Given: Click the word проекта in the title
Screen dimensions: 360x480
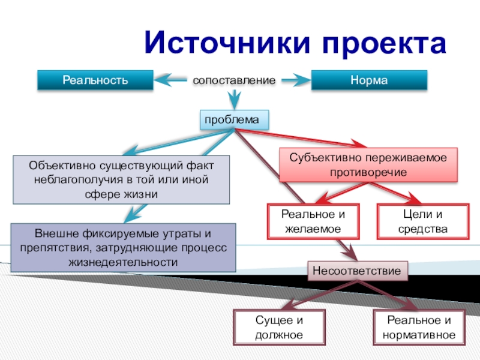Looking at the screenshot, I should coord(377,43).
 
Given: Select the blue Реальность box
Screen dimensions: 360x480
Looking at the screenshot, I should coord(95,80).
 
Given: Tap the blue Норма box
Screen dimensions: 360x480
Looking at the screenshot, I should coord(369,80).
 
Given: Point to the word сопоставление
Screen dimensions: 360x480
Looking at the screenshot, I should coord(233,80).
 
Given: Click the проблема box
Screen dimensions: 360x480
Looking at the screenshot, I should coord(232,120).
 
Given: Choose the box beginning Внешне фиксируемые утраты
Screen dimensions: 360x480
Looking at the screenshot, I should coord(123,247).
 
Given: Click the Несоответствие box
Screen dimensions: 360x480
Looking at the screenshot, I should coord(356,271).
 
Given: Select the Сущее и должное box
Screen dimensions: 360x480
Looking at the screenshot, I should coord(279,328).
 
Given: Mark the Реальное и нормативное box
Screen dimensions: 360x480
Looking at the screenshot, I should coord(418,328).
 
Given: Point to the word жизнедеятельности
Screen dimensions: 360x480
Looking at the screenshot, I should coord(122,262).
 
